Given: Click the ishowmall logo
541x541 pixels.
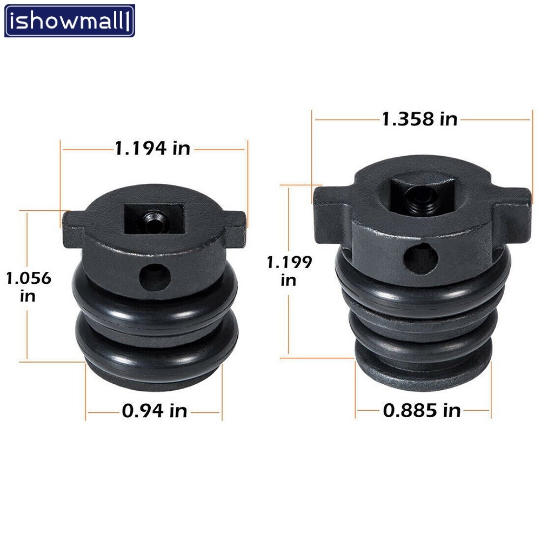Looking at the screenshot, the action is (69, 21).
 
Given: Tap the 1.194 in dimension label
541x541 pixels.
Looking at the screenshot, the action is (152, 149).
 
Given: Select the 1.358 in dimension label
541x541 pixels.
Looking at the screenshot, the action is (420, 119).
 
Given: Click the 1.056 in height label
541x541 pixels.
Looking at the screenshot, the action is (29, 287).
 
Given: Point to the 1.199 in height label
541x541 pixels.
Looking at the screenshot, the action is (289, 271).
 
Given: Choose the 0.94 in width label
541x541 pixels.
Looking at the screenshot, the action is (155, 411).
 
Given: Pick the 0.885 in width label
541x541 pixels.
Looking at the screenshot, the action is (422, 411).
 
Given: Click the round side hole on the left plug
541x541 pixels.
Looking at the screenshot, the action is (155, 277).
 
